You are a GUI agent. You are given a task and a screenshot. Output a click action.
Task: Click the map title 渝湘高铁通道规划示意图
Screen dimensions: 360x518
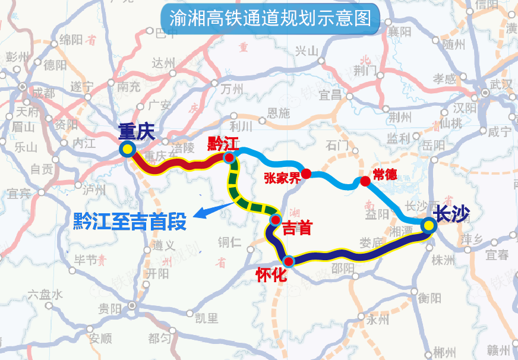[270, 18]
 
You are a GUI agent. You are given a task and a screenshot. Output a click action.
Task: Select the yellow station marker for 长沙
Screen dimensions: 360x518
[428, 225]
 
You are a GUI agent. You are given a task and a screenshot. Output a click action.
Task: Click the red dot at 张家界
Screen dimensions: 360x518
[306, 173]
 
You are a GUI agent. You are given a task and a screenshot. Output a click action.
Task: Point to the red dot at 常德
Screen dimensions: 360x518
[365, 181]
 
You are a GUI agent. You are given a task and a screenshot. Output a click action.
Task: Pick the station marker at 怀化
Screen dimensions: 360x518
[289, 261]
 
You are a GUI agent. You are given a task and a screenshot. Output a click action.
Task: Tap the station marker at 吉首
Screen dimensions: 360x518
[275, 220]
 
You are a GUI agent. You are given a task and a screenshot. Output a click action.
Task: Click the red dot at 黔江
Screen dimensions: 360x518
[228, 157]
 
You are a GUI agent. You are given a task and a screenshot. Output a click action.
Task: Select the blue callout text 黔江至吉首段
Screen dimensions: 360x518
[129, 222]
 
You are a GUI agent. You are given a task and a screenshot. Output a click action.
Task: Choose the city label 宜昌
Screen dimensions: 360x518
[331, 94]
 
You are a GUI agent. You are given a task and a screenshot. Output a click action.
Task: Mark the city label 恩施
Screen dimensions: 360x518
[279, 113]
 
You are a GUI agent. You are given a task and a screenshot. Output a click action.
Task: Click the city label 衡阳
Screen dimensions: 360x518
[429, 298]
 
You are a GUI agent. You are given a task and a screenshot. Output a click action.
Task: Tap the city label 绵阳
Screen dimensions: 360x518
[71, 40]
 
